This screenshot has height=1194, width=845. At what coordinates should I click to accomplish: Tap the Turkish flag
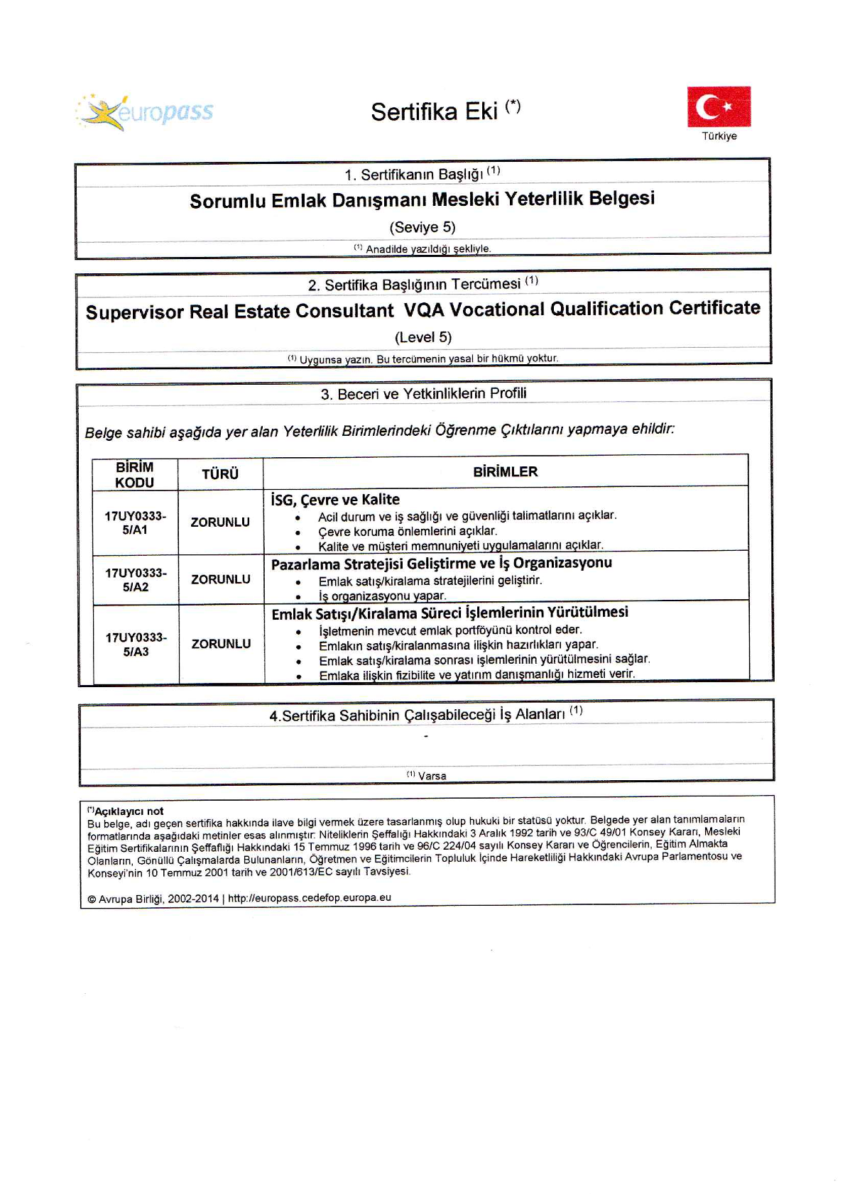(x=719, y=106)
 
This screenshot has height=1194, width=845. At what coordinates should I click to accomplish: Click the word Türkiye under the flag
(x=719, y=136)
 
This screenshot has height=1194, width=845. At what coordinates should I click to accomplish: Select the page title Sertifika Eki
(x=434, y=112)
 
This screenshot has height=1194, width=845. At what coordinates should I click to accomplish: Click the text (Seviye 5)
(x=422, y=227)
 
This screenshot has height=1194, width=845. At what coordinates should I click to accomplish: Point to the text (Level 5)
(x=423, y=337)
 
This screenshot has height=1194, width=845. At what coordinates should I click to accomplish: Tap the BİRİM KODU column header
(x=135, y=474)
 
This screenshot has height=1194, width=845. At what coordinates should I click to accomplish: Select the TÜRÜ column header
(x=220, y=474)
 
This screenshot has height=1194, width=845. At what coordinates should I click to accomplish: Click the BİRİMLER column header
(x=506, y=471)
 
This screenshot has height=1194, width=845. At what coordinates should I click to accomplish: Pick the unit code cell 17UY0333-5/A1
(x=135, y=523)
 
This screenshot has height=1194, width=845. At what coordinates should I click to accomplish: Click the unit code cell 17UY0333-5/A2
(x=136, y=580)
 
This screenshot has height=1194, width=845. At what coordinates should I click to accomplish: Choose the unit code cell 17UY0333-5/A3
(x=136, y=645)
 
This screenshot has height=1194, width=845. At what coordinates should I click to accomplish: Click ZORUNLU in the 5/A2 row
(x=221, y=579)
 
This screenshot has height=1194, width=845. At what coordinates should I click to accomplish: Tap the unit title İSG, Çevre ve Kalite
(x=335, y=500)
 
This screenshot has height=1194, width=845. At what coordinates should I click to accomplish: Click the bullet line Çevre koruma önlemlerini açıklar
(x=408, y=531)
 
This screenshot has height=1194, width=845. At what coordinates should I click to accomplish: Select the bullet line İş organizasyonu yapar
(x=382, y=596)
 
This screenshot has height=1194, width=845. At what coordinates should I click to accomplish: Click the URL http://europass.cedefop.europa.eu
(x=309, y=898)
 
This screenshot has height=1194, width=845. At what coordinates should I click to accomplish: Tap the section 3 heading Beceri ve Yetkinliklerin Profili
(x=424, y=394)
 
